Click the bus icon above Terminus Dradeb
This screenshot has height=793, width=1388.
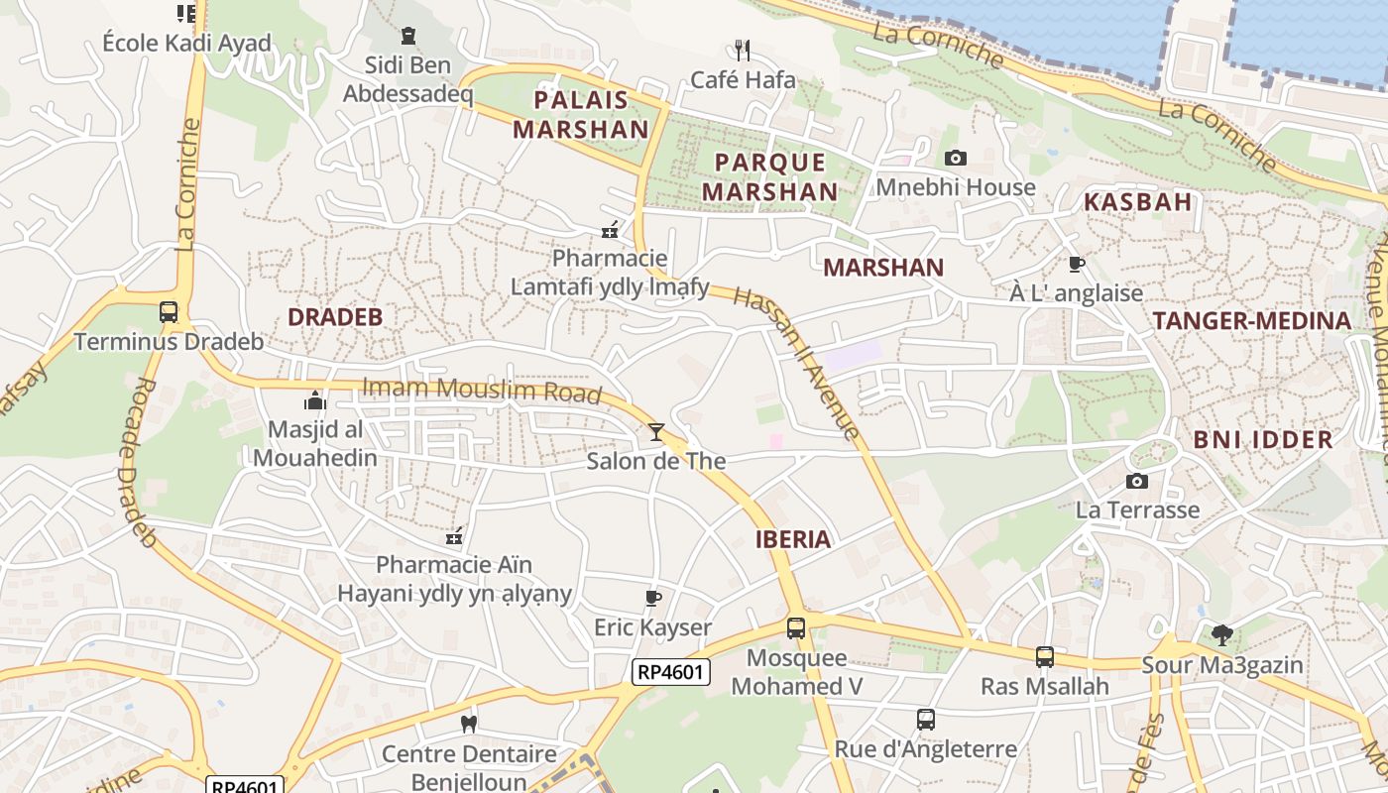pos(169,312)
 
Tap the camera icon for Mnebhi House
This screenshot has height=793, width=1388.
pos(956,158)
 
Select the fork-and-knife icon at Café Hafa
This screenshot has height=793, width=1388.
pos(743,50)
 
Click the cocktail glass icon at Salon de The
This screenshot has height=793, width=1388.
pos(655,431)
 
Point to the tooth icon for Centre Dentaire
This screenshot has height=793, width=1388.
pos(469,724)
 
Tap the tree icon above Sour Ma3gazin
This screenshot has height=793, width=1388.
pos(1222,634)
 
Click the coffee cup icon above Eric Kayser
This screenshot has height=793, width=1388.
pos(652,598)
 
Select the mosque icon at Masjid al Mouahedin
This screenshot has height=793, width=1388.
pos(315,400)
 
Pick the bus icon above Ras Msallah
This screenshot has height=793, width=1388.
pos(1044,656)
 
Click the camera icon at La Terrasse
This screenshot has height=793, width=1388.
pos(1137,481)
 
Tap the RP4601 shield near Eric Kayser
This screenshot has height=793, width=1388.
pos(671,672)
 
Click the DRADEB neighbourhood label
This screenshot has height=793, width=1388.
pos(335,317)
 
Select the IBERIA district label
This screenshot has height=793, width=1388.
pos(793,539)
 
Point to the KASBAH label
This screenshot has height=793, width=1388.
pos(1137,202)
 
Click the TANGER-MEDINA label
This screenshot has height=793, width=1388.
pos(1252,320)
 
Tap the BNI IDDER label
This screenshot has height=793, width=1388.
pos(1262,440)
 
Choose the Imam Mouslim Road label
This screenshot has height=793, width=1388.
pos(482,391)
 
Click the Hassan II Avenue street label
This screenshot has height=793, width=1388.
pos(797,362)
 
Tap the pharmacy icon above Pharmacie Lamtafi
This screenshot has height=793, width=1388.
pos(611,231)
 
